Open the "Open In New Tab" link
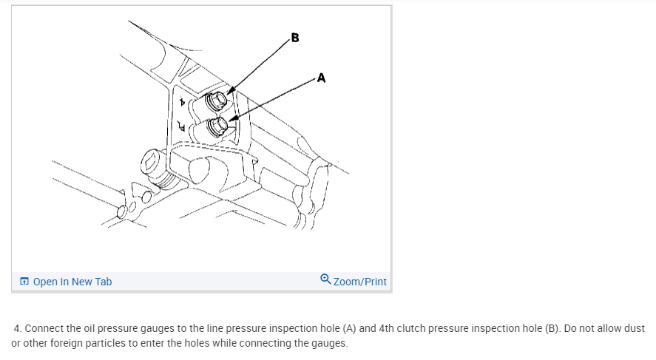72,282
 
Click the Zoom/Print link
359,282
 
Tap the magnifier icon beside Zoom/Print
326,279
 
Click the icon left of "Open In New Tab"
24,282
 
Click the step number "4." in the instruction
19,328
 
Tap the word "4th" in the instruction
388,328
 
